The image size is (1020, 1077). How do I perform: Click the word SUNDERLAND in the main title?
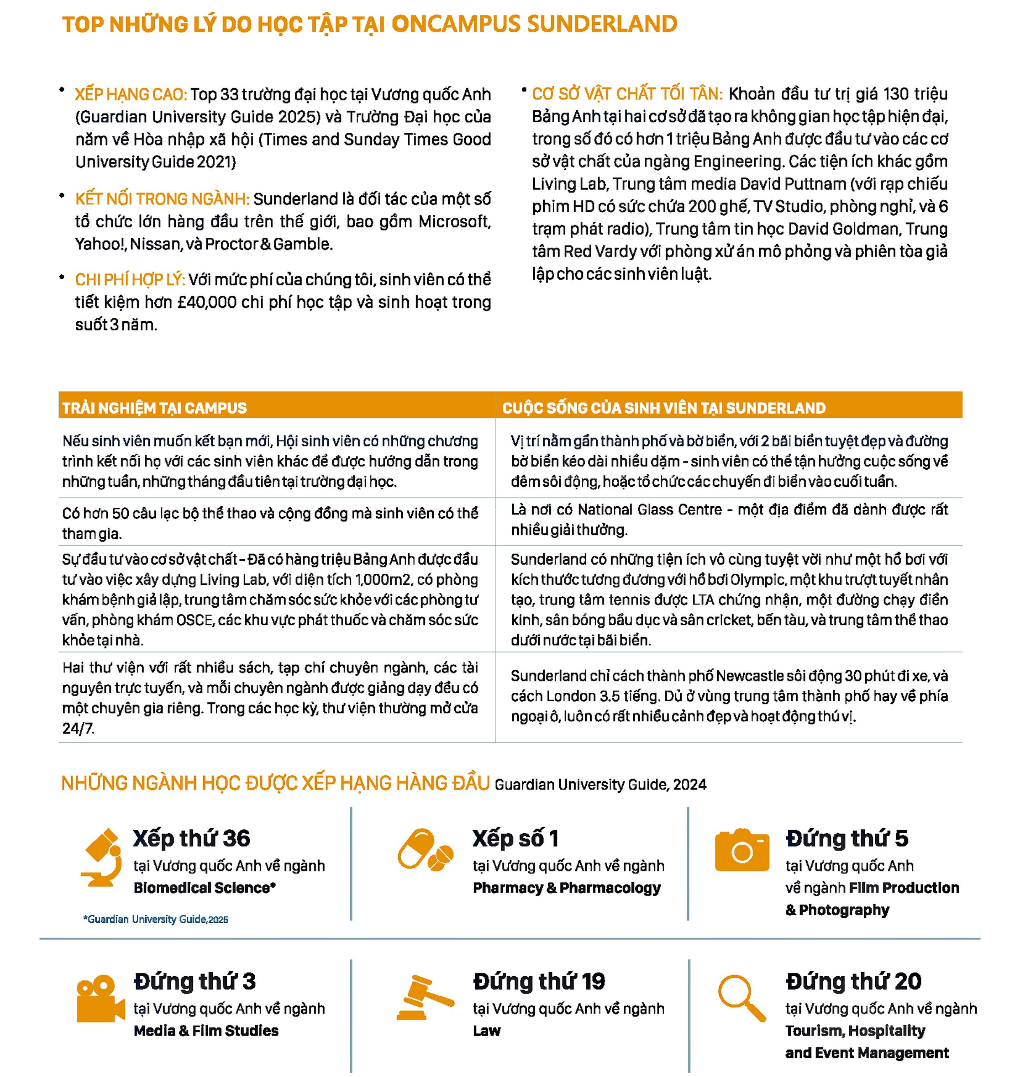point(602,24)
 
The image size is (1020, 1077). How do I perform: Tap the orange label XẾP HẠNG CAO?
point(130,95)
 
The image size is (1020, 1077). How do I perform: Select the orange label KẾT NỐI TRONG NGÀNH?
point(162,199)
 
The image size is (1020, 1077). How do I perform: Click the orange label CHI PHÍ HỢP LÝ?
point(130,280)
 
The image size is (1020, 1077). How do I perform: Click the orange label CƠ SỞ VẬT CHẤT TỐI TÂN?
point(627,94)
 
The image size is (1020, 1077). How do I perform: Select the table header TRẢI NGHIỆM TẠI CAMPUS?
point(154,408)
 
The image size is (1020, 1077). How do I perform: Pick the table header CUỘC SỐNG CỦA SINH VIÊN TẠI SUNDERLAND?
point(663,408)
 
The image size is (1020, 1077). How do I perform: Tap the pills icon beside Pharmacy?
point(425,851)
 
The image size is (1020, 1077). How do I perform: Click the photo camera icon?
point(741,851)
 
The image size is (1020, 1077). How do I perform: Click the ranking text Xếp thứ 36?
point(191,838)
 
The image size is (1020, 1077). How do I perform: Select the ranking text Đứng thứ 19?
point(539,981)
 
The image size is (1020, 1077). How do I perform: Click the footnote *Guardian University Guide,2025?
point(156,920)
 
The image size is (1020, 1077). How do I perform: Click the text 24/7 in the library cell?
point(78,729)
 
